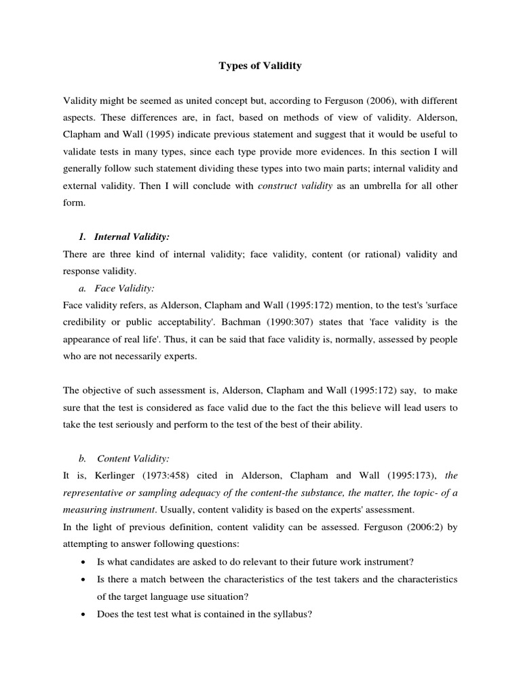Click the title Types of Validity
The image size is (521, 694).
point(260,66)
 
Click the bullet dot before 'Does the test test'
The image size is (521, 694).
point(82,614)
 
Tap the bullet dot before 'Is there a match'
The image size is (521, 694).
point(82,580)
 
